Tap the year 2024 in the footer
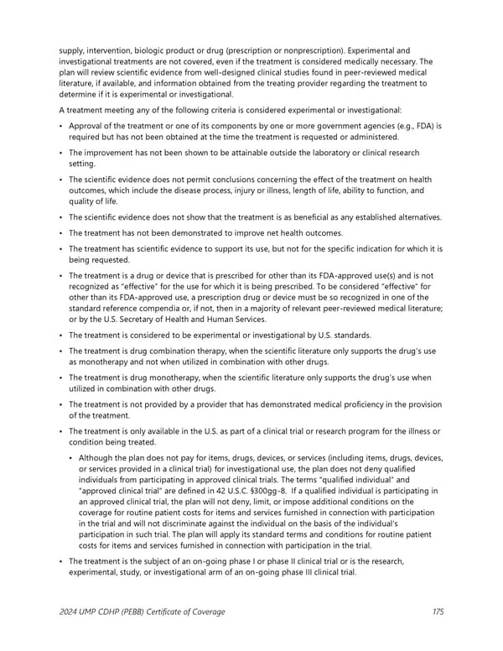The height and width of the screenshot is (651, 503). pyautogui.click(x=70, y=612)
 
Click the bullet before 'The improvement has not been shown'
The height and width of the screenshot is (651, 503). pyautogui.click(x=61, y=153)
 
